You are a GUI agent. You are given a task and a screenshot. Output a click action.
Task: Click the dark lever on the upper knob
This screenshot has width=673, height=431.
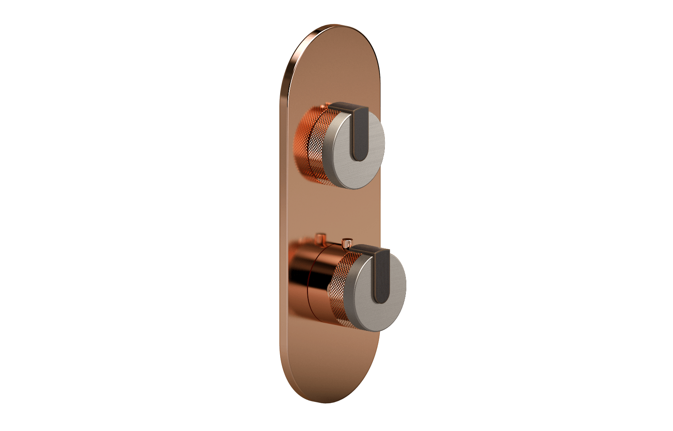pos(360,135)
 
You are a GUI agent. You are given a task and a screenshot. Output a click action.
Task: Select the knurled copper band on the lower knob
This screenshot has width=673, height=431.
pos(336,286)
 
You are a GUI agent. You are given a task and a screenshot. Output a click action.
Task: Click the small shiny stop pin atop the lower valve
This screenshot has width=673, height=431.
pos(347,243)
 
